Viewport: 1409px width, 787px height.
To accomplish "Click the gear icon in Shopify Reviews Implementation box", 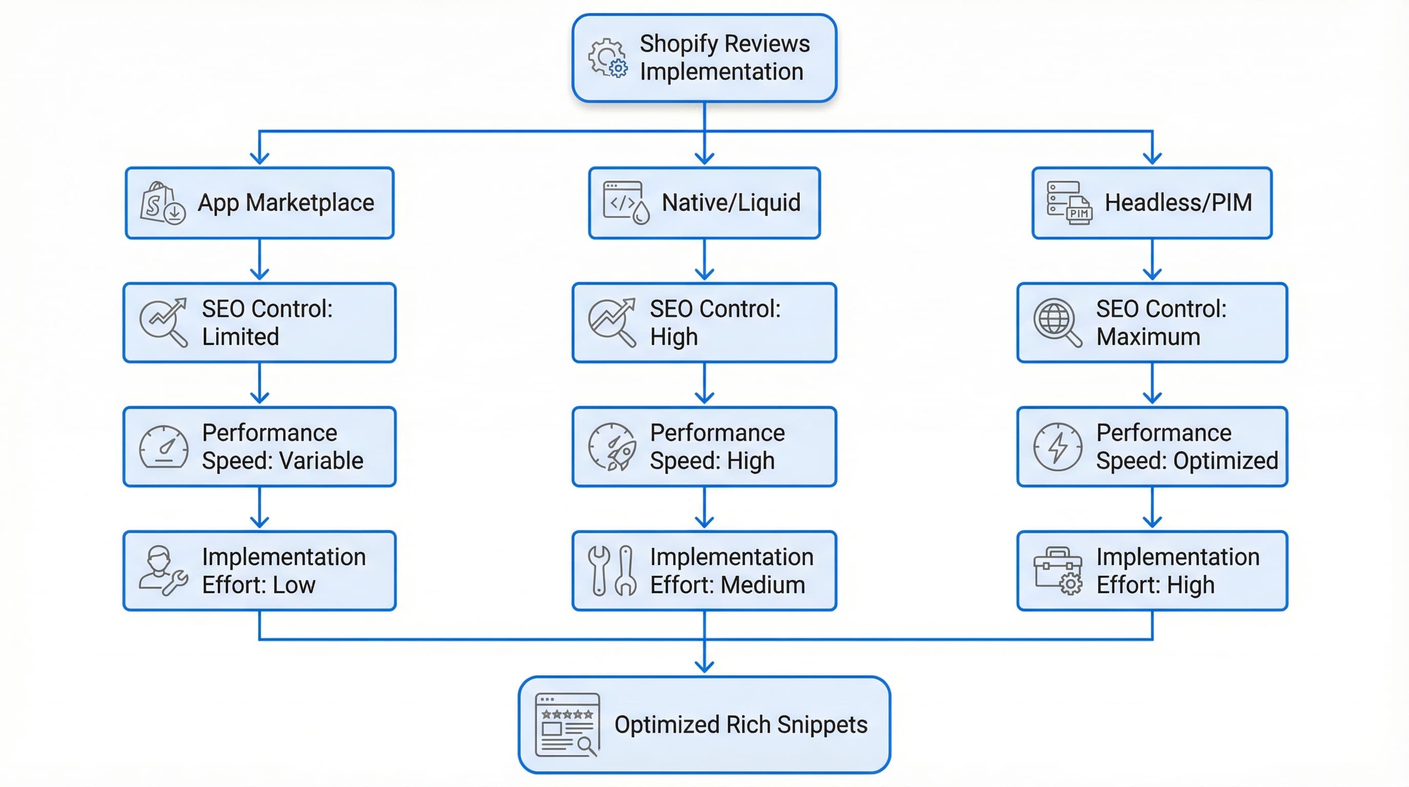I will point(607,57).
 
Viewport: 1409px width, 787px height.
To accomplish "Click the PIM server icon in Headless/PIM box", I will point(1069,203).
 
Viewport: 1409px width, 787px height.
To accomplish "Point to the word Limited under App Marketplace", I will point(240,337).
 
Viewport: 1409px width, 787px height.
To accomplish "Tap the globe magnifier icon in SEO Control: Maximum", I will point(1057,322).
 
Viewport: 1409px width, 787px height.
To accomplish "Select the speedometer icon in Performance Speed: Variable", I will point(163,447).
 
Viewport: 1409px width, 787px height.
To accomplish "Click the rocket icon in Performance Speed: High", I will point(613,447).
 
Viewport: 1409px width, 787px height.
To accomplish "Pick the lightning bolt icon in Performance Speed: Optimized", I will point(1057,447).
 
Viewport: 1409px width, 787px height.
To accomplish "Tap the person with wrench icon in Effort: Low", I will point(162,570).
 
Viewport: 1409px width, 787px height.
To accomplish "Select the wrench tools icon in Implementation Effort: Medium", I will point(612,570).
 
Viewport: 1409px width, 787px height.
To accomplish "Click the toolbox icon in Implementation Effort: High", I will point(1057,570).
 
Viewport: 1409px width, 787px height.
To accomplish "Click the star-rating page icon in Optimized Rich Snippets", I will point(567,724).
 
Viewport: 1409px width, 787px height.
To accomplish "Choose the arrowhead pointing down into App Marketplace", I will point(259,158).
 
